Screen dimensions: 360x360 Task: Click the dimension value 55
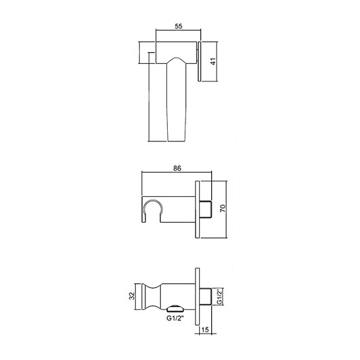(179, 26)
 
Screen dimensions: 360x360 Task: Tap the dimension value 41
(213, 61)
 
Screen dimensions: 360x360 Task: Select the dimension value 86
(177, 168)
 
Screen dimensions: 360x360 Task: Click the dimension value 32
(132, 296)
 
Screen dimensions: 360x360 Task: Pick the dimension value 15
(205, 329)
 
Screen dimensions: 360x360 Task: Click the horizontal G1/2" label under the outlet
(175, 319)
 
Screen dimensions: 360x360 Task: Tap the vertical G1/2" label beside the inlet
(219, 297)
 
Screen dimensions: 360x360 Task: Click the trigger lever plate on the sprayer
(199, 61)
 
